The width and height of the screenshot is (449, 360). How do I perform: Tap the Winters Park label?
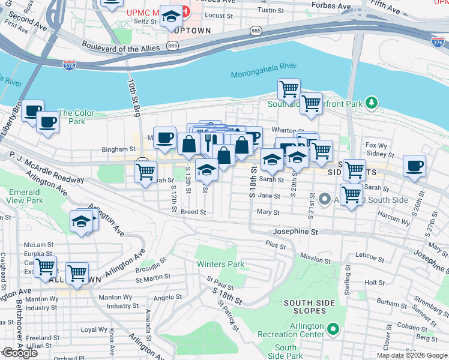[x=221, y=264]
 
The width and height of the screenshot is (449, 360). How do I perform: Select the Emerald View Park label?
[x=25, y=196]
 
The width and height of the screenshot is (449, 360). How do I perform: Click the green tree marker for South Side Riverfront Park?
[x=372, y=104]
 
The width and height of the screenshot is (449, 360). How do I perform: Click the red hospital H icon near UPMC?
[x=185, y=12]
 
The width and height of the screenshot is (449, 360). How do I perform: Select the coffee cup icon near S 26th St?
[x=414, y=166]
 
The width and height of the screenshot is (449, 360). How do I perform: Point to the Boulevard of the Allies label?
[x=122, y=49]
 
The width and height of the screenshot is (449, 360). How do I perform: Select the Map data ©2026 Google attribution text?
[x=412, y=355]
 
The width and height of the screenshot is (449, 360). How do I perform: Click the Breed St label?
[x=193, y=212]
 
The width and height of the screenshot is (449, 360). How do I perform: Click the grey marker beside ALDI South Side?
[x=325, y=198]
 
